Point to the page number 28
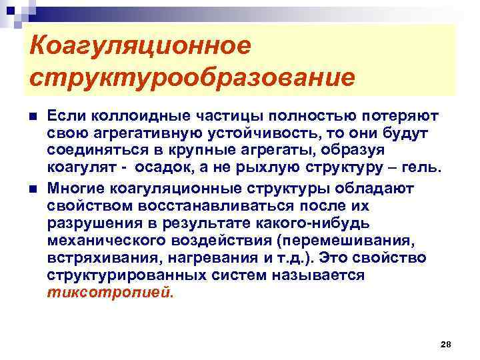pyautogui.click(x=446, y=344)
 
